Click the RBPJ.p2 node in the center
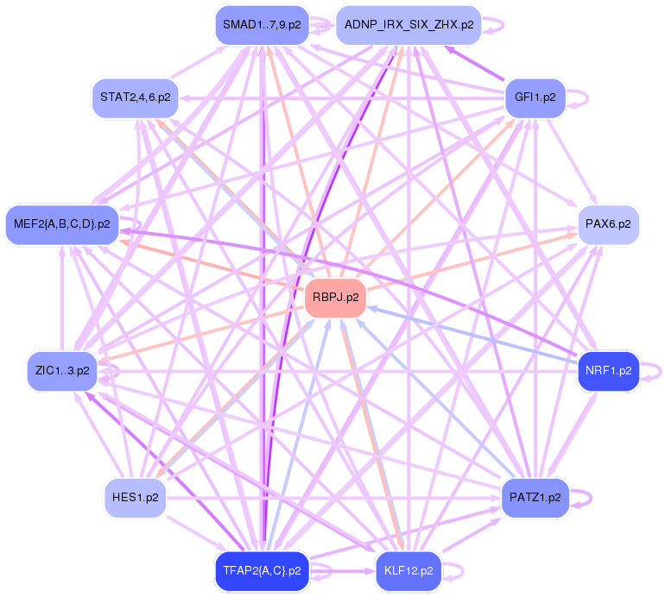335,298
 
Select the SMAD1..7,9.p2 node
262,25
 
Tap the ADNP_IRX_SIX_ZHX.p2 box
408,25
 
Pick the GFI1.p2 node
535,97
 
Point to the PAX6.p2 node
607,224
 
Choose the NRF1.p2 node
608,371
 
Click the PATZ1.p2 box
535,498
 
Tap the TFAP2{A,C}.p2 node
261,571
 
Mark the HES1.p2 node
136,498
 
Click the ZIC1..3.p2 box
60,371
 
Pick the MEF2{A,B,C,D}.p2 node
61,224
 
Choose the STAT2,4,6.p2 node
135,97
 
